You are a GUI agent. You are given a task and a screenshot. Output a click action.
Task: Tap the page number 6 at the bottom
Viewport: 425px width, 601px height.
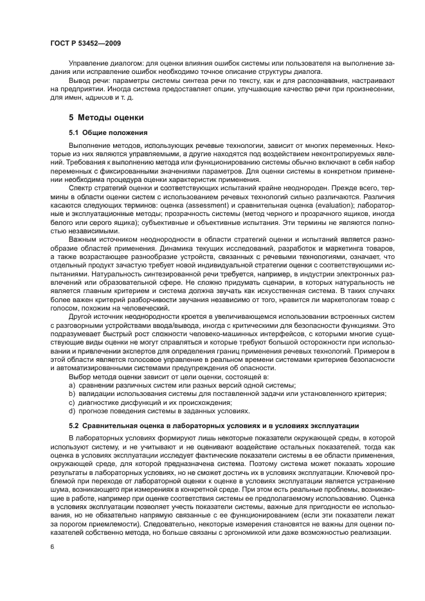point(51,546)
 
